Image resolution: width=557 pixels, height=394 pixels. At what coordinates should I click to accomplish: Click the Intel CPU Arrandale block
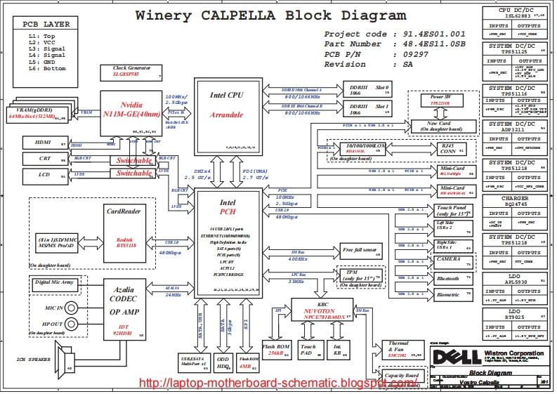point(226,112)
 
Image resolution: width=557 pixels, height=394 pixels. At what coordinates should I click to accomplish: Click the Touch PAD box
point(309,350)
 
